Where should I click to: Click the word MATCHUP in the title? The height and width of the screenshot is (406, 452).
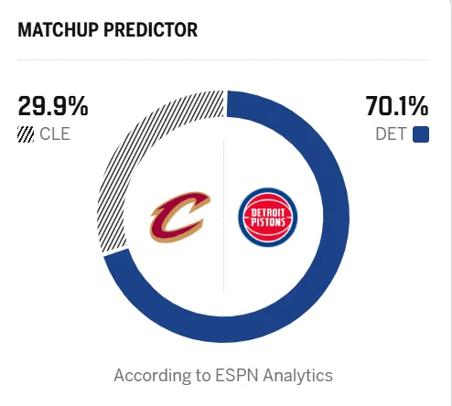59,30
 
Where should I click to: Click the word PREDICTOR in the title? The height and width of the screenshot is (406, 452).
151,30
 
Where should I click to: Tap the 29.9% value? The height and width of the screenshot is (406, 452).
53,106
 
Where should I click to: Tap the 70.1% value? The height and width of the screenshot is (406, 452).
397,106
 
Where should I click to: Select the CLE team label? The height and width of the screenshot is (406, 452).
55,134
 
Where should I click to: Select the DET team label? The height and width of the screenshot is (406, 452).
391,134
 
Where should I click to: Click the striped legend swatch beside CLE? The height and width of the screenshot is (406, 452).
26,134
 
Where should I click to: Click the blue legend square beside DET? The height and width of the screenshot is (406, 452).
421,134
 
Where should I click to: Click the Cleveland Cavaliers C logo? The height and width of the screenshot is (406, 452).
180,217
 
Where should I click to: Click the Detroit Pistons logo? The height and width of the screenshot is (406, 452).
268,217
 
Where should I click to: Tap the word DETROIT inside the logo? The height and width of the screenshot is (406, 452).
268,212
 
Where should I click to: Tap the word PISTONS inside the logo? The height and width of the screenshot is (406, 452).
268,222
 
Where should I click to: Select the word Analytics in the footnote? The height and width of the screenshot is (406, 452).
298,376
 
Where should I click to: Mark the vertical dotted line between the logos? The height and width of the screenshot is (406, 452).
224,216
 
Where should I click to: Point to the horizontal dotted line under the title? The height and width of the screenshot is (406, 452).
223,60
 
